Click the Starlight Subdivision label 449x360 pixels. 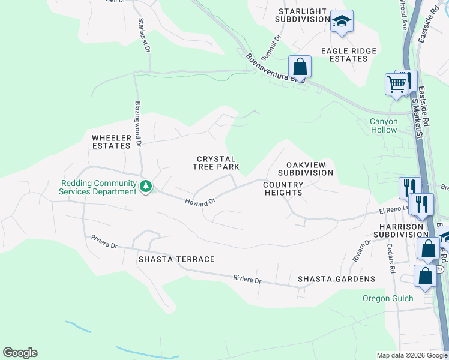301,16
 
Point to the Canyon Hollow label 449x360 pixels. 384,125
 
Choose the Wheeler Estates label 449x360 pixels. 111,142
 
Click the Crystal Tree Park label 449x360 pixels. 216,163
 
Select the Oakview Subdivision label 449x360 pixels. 309,169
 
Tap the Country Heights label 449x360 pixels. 283,188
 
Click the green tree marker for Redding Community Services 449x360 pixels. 145,187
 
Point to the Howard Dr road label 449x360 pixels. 199,203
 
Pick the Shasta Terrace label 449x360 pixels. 176,259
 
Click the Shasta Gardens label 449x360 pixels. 336,279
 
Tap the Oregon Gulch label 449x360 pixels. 387,299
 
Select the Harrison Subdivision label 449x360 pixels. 400,230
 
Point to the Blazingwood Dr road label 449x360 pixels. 138,124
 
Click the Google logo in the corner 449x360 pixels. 20,353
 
